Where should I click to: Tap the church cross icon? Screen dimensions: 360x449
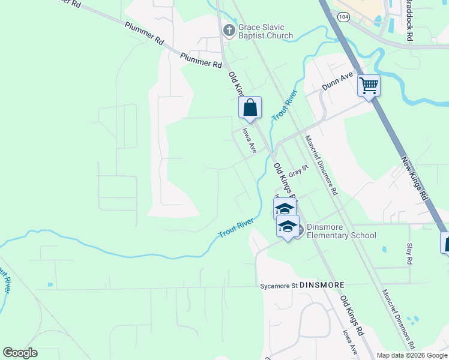(x=229, y=29)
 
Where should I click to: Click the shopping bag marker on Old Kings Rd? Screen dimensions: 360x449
(x=250, y=108)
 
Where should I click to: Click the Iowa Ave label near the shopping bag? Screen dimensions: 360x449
(x=249, y=140)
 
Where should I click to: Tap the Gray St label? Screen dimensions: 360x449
(x=298, y=170)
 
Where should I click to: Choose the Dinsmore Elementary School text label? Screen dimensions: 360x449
(x=341, y=231)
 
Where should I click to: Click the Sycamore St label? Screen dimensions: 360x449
(x=279, y=286)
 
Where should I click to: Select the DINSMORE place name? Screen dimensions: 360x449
(x=322, y=285)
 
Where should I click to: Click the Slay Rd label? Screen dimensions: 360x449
(x=409, y=254)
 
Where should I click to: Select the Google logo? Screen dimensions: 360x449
(x=20, y=353)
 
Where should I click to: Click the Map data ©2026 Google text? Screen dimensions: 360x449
(x=412, y=355)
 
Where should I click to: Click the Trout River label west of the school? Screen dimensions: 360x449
(x=236, y=228)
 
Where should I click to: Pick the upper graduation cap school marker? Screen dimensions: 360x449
(x=285, y=208)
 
